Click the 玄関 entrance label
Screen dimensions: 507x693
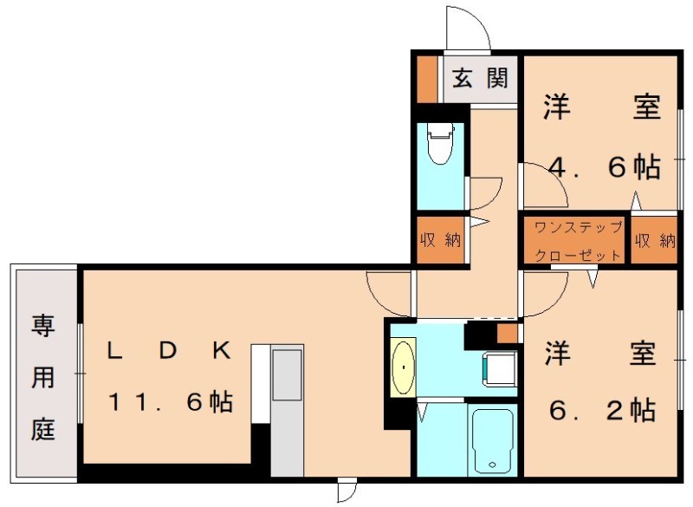pyautogui.click(x=480, y=79)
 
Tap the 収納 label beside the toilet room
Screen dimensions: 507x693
pyautogui.click(x=440, y=240)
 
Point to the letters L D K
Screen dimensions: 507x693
pyautogui.click(x=169, y=351)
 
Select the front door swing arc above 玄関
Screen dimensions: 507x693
pyautogui.click(x=468, y=30)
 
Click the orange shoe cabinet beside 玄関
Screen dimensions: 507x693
pyautogui.click(x=426, y=79)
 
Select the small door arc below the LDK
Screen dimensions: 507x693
pyautogui.click(x=346, y=491)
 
